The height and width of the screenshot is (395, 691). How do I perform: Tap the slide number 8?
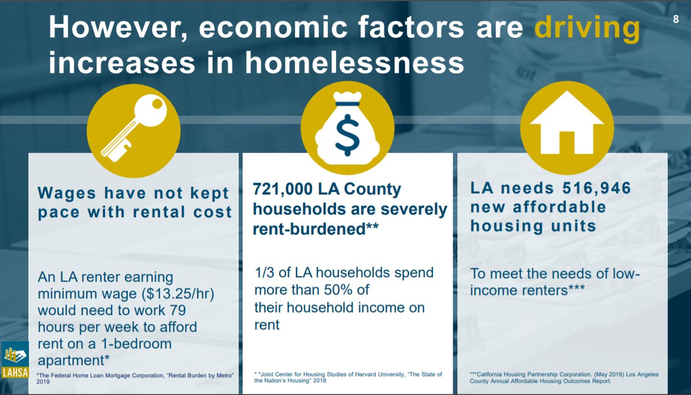[676, 20]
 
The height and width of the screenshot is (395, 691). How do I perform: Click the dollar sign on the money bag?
[347, 137]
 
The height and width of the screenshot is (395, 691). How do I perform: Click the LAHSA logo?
[14, 360]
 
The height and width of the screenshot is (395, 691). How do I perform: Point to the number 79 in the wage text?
[177, 310]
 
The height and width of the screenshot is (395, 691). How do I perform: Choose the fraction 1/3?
[263, 273]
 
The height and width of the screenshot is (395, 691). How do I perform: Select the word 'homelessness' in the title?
[354, 63]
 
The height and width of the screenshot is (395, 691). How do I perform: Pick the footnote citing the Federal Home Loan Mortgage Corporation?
[135, 378]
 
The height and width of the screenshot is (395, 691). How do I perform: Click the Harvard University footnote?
[348, 377]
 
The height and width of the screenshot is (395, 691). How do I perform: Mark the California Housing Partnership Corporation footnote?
[564, 377]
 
